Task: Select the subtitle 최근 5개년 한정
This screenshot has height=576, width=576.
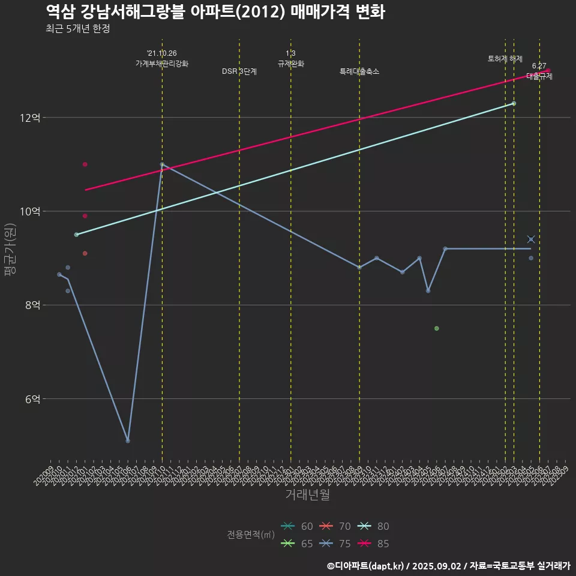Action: click(x=77, y=29)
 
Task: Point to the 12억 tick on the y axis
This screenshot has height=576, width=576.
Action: click(x=30, y=118)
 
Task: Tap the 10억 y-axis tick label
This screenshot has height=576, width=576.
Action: click(x=30, y=211)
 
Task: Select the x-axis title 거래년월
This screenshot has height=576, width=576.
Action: click(x=307, y=495)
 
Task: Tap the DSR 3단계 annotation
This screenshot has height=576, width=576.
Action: click(x=239, y=71)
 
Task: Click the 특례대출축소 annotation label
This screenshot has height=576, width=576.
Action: click(x=359, y=71)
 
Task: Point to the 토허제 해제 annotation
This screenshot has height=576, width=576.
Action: click(x=505, y=59)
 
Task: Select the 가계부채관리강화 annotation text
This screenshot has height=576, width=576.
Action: click(x=162, y=64)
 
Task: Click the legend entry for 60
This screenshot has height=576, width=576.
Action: click(x=298, y=526)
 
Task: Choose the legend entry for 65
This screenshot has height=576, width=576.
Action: click(x=298, y=544)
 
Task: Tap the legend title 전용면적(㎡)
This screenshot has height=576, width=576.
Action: click(x=251, y=535)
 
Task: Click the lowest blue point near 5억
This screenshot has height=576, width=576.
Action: click(x=128, y=440)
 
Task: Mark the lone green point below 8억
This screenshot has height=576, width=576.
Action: click(x=437, y=328)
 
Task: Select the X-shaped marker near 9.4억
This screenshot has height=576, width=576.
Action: click(x=531, y=239)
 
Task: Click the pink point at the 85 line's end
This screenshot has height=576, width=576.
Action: click(x=548, y=71)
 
